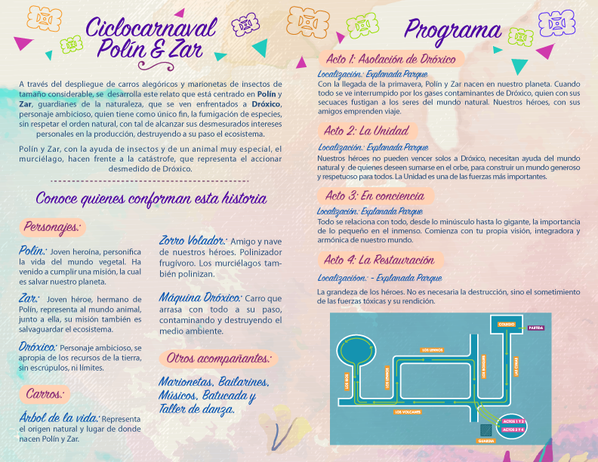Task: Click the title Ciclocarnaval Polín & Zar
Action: [150, 38]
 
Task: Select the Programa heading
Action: [452, 29]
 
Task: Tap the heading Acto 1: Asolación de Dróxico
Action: [390, 60]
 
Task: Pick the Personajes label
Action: [52, 226]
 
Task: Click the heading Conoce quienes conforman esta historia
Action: [151, 199]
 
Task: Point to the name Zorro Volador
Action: [194, 241]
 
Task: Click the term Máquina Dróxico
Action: [199, 297]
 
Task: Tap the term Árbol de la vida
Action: [58, 418]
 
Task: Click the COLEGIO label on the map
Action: [507, 324]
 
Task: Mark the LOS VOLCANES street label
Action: [408, 412]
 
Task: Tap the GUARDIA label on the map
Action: [486, 441]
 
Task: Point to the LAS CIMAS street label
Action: [517, 367]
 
